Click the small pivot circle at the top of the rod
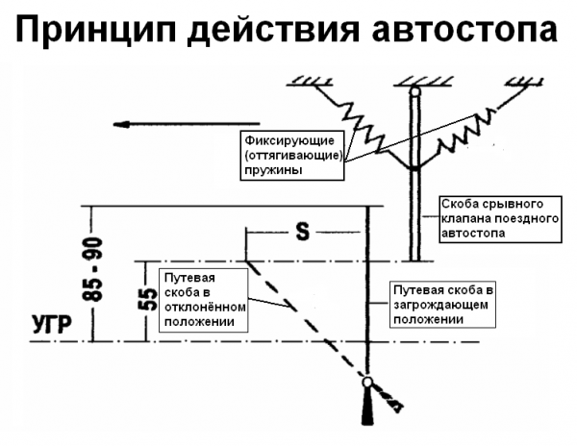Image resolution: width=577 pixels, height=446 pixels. tap(414, 92)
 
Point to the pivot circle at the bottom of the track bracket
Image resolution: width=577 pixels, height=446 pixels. tap(368, 384)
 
